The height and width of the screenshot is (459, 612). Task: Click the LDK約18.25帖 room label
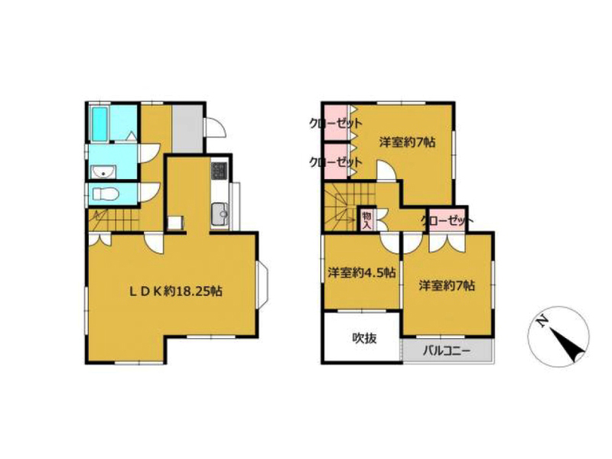(x=176, y=291)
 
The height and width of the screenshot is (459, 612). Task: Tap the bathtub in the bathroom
(x=99, y=123)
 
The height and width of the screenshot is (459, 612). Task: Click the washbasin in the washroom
(x=103, y=171)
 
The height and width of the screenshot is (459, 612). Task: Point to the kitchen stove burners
(x=219, y=171)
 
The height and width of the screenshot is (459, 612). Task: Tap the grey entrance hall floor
(x=187, y=129)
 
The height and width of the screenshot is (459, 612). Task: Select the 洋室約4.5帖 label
(x=361, y=272)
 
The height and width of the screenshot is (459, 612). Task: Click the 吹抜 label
(x=365, y=338)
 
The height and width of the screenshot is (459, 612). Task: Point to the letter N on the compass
(x=541, y=321)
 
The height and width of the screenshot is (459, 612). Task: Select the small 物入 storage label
(x=366, y=220)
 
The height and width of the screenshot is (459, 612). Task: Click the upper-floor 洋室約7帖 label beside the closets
(x=407, y=142)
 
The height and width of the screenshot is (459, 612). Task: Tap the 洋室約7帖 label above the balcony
(x=447, y=286)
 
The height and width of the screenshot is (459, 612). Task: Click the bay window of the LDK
(x=262, y=283)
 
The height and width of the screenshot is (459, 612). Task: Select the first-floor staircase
(x=114, y=220)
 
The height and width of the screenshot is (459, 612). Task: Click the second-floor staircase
(x=340, y=206)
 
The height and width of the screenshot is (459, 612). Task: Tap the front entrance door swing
(x=216, y=127)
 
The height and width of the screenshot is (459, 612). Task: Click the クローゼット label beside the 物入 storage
(x=448, y=221)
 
